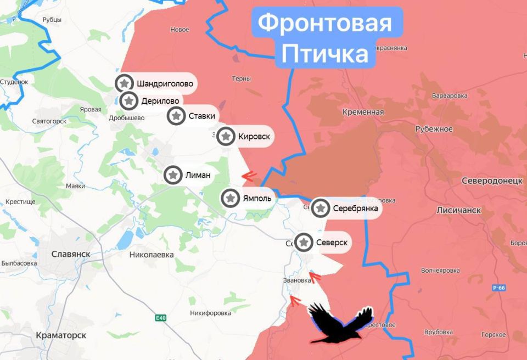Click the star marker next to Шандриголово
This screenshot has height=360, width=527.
[x=125, y=83]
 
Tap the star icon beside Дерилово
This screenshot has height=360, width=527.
[x=129, y=101]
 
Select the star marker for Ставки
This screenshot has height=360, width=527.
[x=176, y=116]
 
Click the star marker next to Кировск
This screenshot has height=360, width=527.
[x=226, y=136]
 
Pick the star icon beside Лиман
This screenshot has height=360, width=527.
[x=173, y=175]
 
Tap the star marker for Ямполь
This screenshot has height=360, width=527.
[x=231, y=198]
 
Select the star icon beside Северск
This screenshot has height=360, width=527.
[x=304, y=242]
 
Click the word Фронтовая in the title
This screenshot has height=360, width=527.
[x=325, y=24]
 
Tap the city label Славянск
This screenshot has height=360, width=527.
[x=70, y=254]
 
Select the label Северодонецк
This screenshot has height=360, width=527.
[x=492, y=181]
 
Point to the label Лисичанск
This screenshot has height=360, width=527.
[x=459, y=210]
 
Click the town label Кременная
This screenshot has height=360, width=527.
[x=363, y=112]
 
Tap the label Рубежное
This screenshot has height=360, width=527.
[x=434, y=129]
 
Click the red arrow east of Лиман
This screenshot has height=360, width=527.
[x=250, y=176]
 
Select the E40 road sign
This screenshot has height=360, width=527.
[x=160, y=318]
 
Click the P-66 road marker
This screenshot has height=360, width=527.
[x=499, y=287]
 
